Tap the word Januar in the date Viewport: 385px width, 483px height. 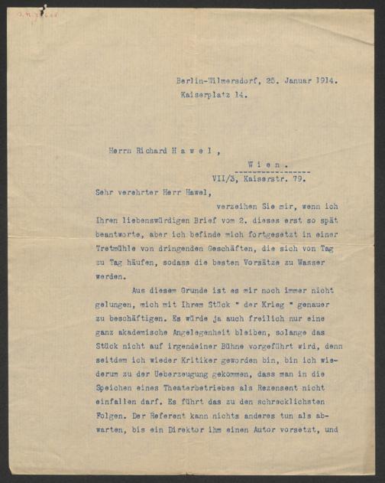click(293, 79)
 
